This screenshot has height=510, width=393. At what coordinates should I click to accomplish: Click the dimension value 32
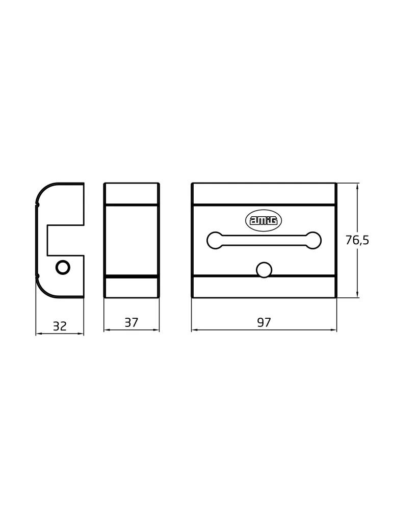pos(60,325)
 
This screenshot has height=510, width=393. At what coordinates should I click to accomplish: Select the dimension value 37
pos(132,322)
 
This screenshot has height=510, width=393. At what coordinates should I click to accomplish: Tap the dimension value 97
pos(264,322)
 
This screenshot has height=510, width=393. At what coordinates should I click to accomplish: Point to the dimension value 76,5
pos(357,240)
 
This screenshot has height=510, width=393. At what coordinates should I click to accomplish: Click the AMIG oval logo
pos(264,221)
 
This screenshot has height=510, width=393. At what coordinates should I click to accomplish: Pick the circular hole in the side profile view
pos(63,267)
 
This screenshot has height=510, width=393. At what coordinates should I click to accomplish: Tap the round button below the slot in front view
pos(264,270)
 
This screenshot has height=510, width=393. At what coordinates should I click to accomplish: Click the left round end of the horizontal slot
pos(215,240)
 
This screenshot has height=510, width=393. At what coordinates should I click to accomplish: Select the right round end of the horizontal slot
pos(313,240)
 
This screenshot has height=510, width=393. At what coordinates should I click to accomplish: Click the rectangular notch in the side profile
pos(66,240)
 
